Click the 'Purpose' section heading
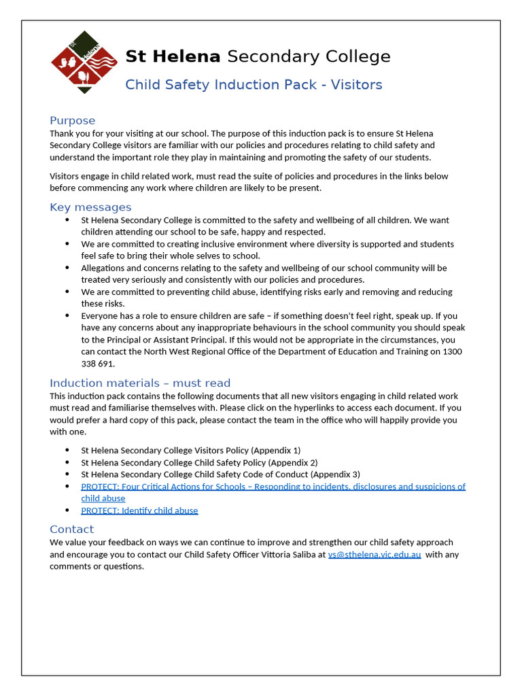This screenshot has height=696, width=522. coord(72,120)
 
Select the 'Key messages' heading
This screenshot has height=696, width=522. coord(90,207)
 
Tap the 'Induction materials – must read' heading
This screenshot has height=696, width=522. coord(140,383)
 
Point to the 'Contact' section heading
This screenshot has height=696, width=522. coord(71,529)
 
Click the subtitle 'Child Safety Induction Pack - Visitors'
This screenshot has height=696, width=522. coord(254,85)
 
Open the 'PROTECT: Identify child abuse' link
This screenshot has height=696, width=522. coord(139,510)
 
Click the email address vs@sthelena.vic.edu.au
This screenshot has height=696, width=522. coord(375,555)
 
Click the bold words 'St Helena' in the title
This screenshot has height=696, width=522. coord(173,56)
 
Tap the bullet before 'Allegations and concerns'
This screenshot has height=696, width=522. coord(67,268)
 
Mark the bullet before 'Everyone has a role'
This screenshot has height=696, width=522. coord(67,315)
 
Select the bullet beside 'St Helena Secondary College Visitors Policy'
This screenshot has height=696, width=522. coord(67,451)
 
